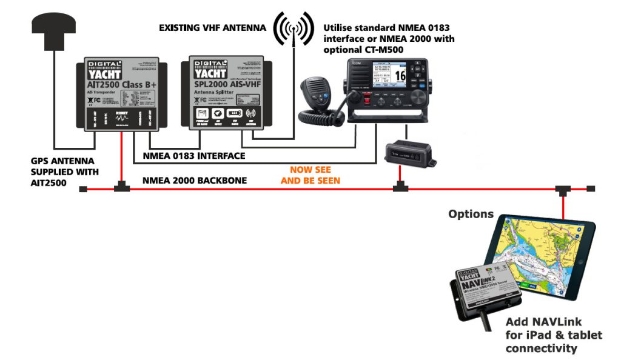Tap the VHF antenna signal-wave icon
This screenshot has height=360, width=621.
pos(294,27)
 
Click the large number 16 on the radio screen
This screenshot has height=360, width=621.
pos(400,76)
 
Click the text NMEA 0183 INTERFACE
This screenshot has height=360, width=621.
pos(193,156)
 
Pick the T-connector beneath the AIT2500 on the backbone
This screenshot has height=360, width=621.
pos(122,187)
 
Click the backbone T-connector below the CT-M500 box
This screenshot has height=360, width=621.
pos(399,187)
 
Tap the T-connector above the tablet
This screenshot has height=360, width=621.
pos(563,190)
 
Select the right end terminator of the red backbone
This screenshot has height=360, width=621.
pos(591,190)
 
